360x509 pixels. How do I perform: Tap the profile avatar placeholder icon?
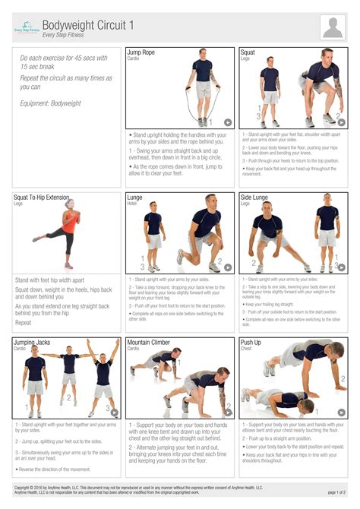point(333,27)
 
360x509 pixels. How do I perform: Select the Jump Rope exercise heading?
point(141,52)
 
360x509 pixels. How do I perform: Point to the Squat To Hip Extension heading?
point(41,198)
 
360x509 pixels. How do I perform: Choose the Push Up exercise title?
point(251,343)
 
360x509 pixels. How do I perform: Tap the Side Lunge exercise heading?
point(255,198)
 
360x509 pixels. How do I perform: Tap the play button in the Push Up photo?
point(341,413)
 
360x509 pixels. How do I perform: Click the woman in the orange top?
point(67,232)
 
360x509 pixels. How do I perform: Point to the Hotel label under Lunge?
point(132,204)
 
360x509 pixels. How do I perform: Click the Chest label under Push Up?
point(246,349)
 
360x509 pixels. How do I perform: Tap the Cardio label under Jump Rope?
point(134,58)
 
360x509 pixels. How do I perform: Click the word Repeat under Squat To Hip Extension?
point(24,322)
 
